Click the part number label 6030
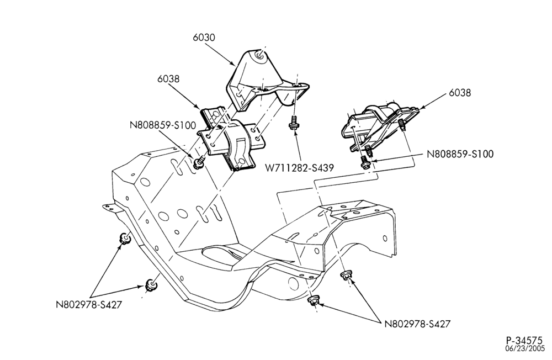[204, 38]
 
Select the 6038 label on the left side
[168, 78]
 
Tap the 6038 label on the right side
[460, 93]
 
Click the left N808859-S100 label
[163, 125]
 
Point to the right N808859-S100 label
[460, 154]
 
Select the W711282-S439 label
[300, 168]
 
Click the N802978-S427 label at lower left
[89, 304]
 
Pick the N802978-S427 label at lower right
[417, 324]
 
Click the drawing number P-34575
[524, 341]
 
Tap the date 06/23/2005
[524, 349]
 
